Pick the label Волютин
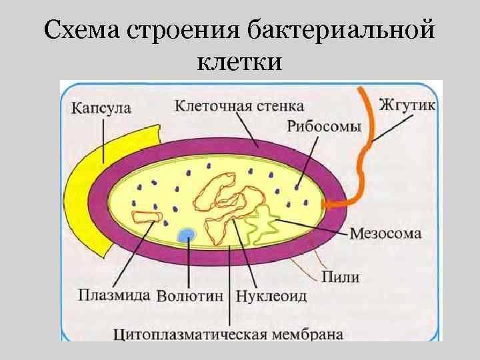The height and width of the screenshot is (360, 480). pos(192,295)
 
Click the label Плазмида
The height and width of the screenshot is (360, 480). pos(113,294)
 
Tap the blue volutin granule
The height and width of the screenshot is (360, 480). pos(187,234)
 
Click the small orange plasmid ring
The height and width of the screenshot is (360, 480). pos(147,216)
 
